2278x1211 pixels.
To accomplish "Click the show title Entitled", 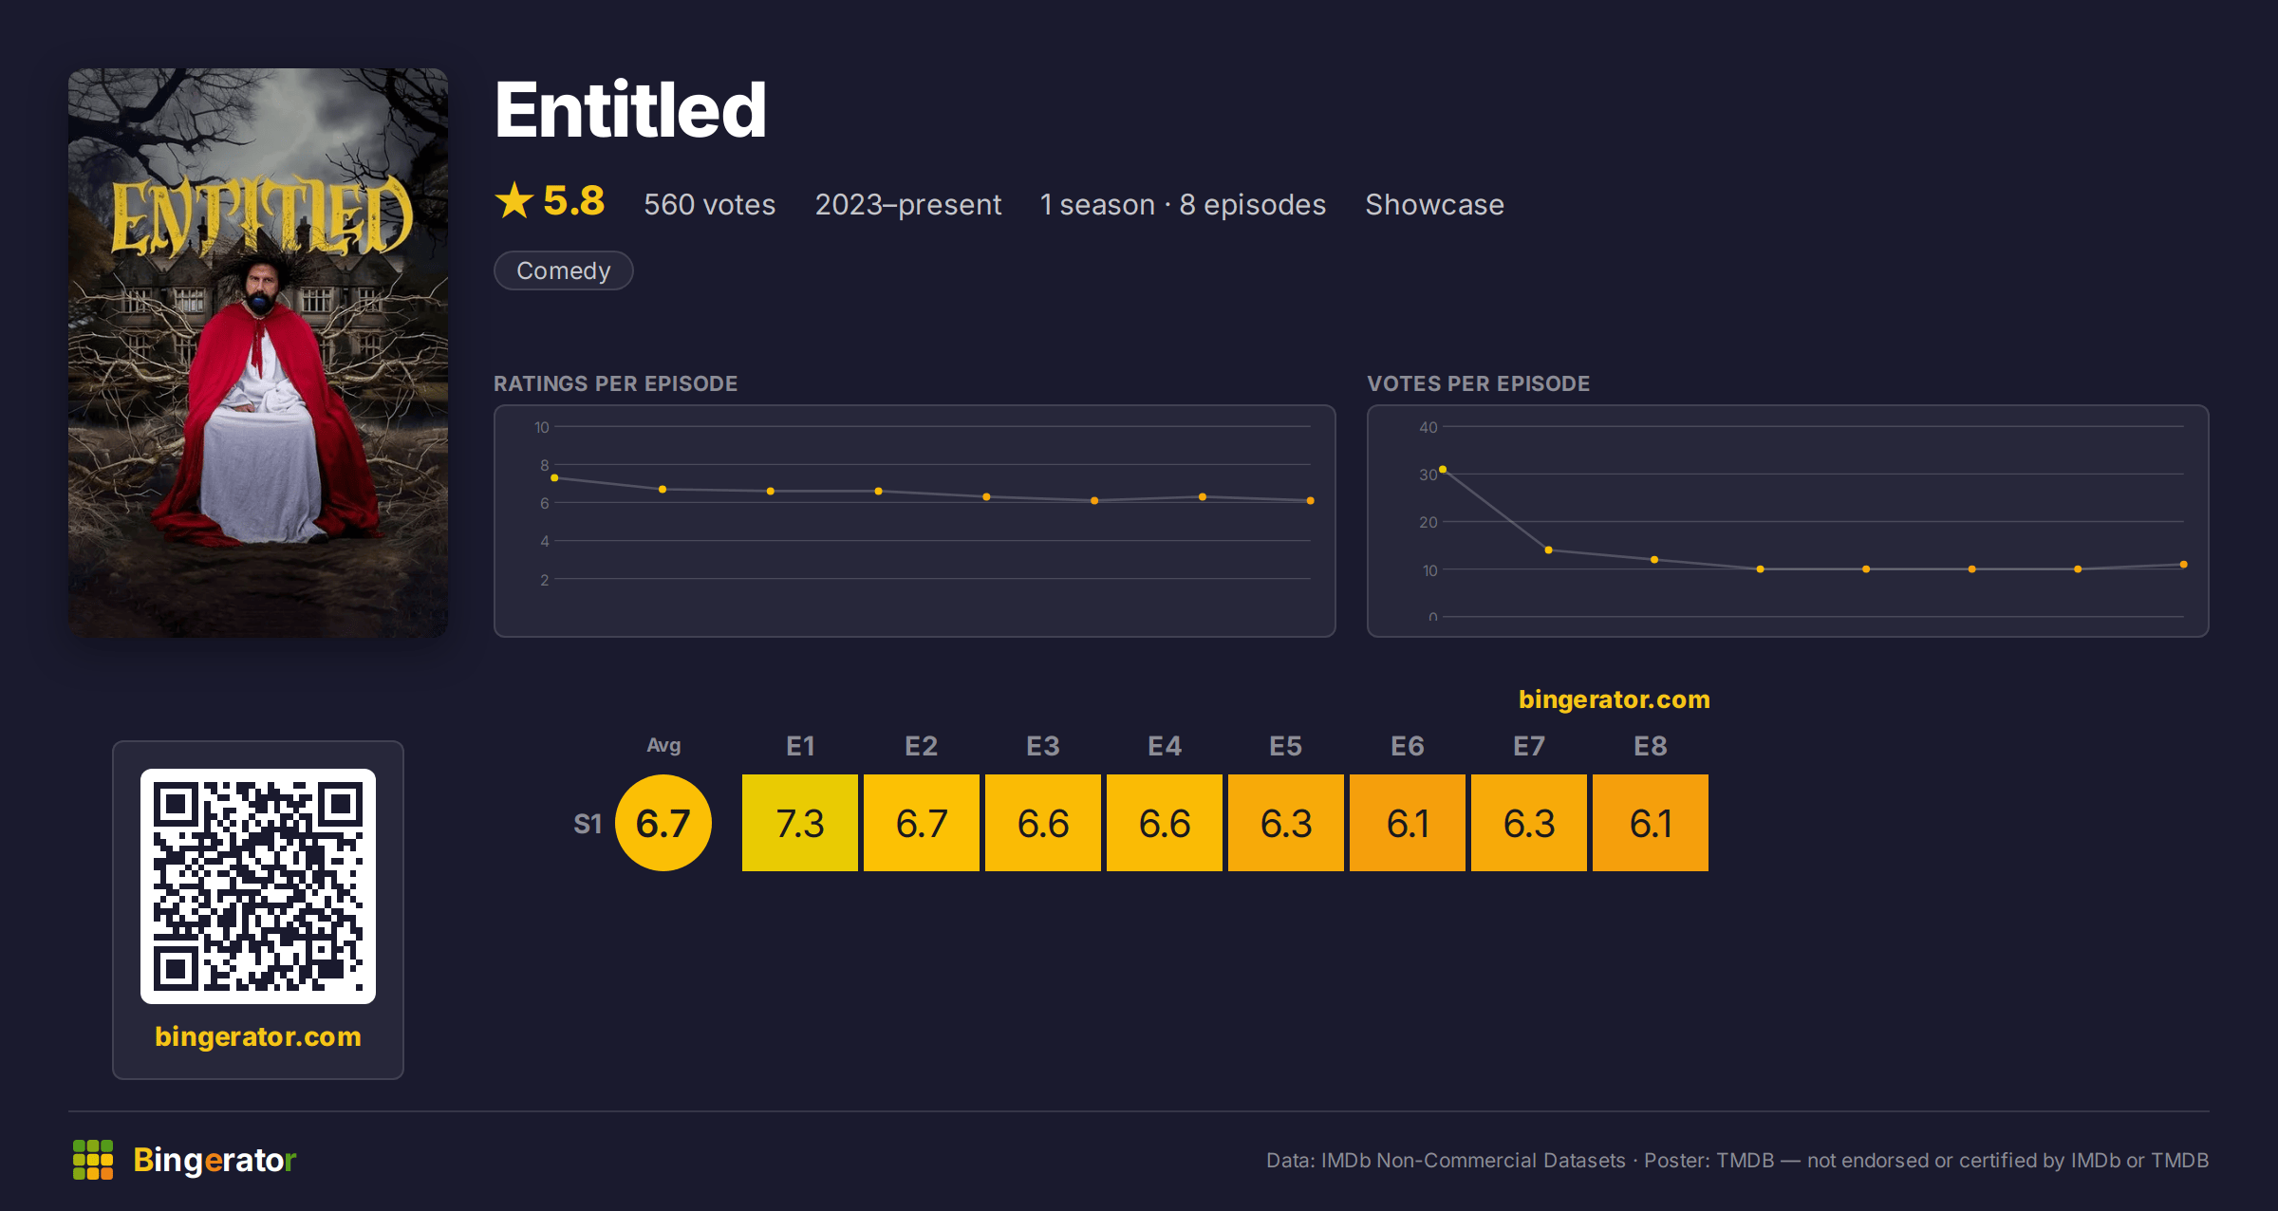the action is pos(630,110).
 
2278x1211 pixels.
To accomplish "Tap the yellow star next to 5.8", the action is pos(514,200).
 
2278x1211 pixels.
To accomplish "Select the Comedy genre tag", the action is pos(563,270).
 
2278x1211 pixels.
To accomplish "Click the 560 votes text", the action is pos(709,204).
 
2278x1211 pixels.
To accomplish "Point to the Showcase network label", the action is pos(1434,204).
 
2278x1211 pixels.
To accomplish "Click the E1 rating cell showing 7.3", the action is pos(800,823).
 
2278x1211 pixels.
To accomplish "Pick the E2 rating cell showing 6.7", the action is pos(922,823).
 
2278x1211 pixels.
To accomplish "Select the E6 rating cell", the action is pos(1408,823).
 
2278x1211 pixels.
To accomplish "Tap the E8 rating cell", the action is pos(1651,823).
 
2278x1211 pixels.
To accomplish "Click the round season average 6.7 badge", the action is pos(663,823).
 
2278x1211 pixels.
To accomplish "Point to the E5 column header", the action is pos(1286,746).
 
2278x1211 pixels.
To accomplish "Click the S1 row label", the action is pos(588,824).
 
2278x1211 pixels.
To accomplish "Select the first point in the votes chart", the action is pos(1443,470).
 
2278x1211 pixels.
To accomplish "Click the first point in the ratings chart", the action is pos(554,478).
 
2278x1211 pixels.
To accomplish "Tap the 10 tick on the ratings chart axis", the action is pos(542,427).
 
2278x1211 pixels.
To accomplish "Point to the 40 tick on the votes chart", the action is pos(1428,427).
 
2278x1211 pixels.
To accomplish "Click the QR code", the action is pos(258,886).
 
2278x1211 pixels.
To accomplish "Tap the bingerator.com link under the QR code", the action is pos(258,1036).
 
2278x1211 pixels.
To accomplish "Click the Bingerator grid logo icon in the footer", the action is pos(93,1160).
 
